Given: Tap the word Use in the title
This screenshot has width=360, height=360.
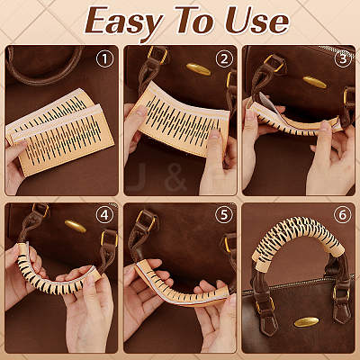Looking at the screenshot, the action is pyautogui.click(x=256, y=21).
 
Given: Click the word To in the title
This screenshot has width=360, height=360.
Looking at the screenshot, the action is pyautogui.click(x=195, y=21).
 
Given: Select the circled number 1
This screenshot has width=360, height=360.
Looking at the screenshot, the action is pyautogui.click(x=104, y=58).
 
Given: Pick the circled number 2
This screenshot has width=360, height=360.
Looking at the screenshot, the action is pyautogui.click(x=224, y=58).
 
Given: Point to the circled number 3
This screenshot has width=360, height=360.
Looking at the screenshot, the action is pyautogui.click(x=343, y=58).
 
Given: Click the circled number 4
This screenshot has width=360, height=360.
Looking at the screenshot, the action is pyautogui.click(x=104, y=215).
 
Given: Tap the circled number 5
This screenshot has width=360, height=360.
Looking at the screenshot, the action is pyautogui.click(x=223, y=215).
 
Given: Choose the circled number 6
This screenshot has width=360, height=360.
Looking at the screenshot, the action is pyautogui.click(x=342, y=215).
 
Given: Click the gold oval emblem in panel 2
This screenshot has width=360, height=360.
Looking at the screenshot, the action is pyautogui.click(x=199, y=69).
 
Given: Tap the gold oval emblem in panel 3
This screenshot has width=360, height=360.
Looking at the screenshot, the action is pyautogui.click(x=314, y=82).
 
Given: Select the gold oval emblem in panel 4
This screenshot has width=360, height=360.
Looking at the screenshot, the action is pyautogui.click(x=76, y=227).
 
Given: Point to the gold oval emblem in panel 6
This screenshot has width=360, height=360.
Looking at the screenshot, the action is pyautogui.click(x=306, y=322).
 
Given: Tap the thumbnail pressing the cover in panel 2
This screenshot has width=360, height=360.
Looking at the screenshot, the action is pyautogui.click(x=214, y=134).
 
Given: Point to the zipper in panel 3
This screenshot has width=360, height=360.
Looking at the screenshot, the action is pyautogui.click(x=336, y=51).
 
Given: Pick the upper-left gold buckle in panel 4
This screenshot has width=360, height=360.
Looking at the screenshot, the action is pyautogui.click(x=40, y=210).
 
